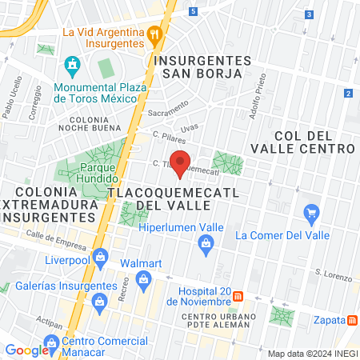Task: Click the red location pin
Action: [180, 162]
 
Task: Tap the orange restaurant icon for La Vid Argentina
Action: [155, 34]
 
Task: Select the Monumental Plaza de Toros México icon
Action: [73, 63]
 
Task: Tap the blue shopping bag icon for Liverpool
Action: [100, 257]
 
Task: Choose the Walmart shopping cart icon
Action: [144, 279]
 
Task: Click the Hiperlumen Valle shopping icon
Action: [206, 250]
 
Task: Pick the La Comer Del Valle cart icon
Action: [312, 213]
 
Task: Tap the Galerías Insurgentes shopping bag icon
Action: [100, 301]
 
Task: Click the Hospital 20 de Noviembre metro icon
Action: [238, 297]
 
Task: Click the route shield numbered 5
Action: [194, 11]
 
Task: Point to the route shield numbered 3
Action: [309, 14]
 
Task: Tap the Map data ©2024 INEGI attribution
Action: [310, 354]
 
